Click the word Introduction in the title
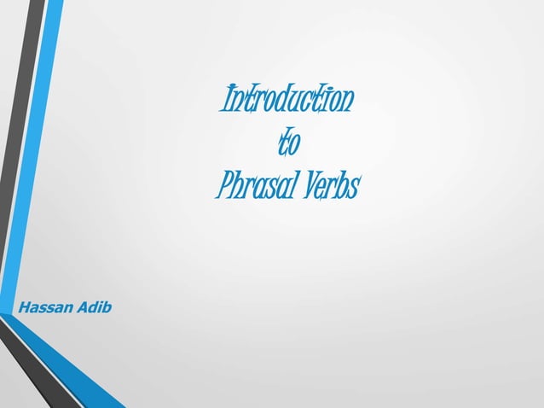coord(286,102)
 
